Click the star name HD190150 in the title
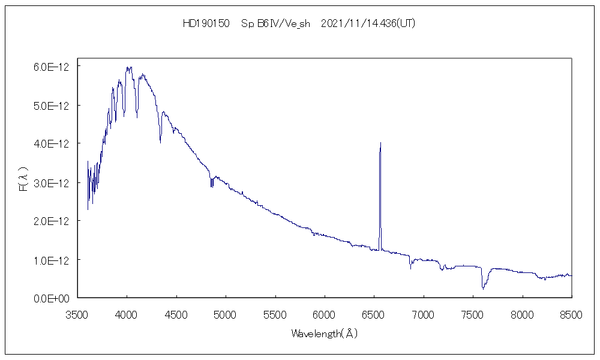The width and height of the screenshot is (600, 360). click(206, 24)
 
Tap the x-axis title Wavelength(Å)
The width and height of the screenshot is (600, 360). click(325, 334)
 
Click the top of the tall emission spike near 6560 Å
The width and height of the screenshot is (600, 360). click(380, 143)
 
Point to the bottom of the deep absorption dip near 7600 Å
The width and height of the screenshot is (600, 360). click(483, 289)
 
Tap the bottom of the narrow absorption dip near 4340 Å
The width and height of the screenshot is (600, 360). click(160, 143)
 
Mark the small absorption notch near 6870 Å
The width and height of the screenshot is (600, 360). click(410, 268)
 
